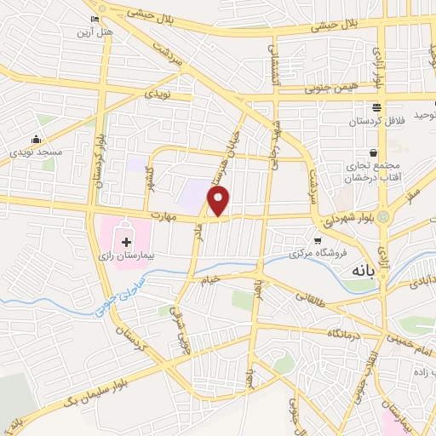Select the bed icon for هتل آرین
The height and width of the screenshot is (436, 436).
click(93, 19)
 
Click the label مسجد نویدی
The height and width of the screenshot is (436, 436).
click(36, 152)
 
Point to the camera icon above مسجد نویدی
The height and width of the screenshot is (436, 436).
click(36, 140)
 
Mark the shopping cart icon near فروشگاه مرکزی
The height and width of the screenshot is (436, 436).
click(318, 241)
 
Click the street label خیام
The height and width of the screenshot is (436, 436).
click(209, 279)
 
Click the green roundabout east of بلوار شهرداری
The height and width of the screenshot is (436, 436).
click(383, 216)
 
